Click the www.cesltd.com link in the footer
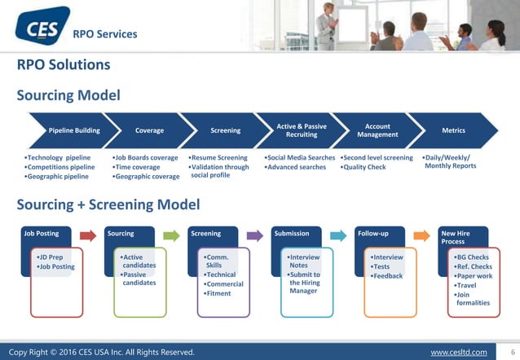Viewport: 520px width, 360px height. [x=458, y=352]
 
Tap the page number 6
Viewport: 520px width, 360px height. [x=511, y=352]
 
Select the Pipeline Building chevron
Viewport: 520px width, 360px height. [x=74, y=130]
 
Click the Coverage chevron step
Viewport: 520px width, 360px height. [x=149, y=130]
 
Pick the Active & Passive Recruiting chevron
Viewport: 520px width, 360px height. [x=302, y=130]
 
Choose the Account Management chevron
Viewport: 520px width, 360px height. [x=377, y=130]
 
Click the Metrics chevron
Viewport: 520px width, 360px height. [x=453, y=130]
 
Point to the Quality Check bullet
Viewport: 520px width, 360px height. [x=364, y=168]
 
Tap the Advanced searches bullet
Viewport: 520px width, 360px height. [x=297, y=168]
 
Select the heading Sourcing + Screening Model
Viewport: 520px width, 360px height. [x=109, y=204]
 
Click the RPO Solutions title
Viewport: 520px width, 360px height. [x=64, y=64]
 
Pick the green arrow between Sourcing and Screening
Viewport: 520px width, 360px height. [x=170, y=235]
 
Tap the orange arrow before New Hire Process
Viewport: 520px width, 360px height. [x=421, y=235]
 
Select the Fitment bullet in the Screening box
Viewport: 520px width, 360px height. [x=218, y=293]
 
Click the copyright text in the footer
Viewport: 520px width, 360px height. [x=102, y=352]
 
